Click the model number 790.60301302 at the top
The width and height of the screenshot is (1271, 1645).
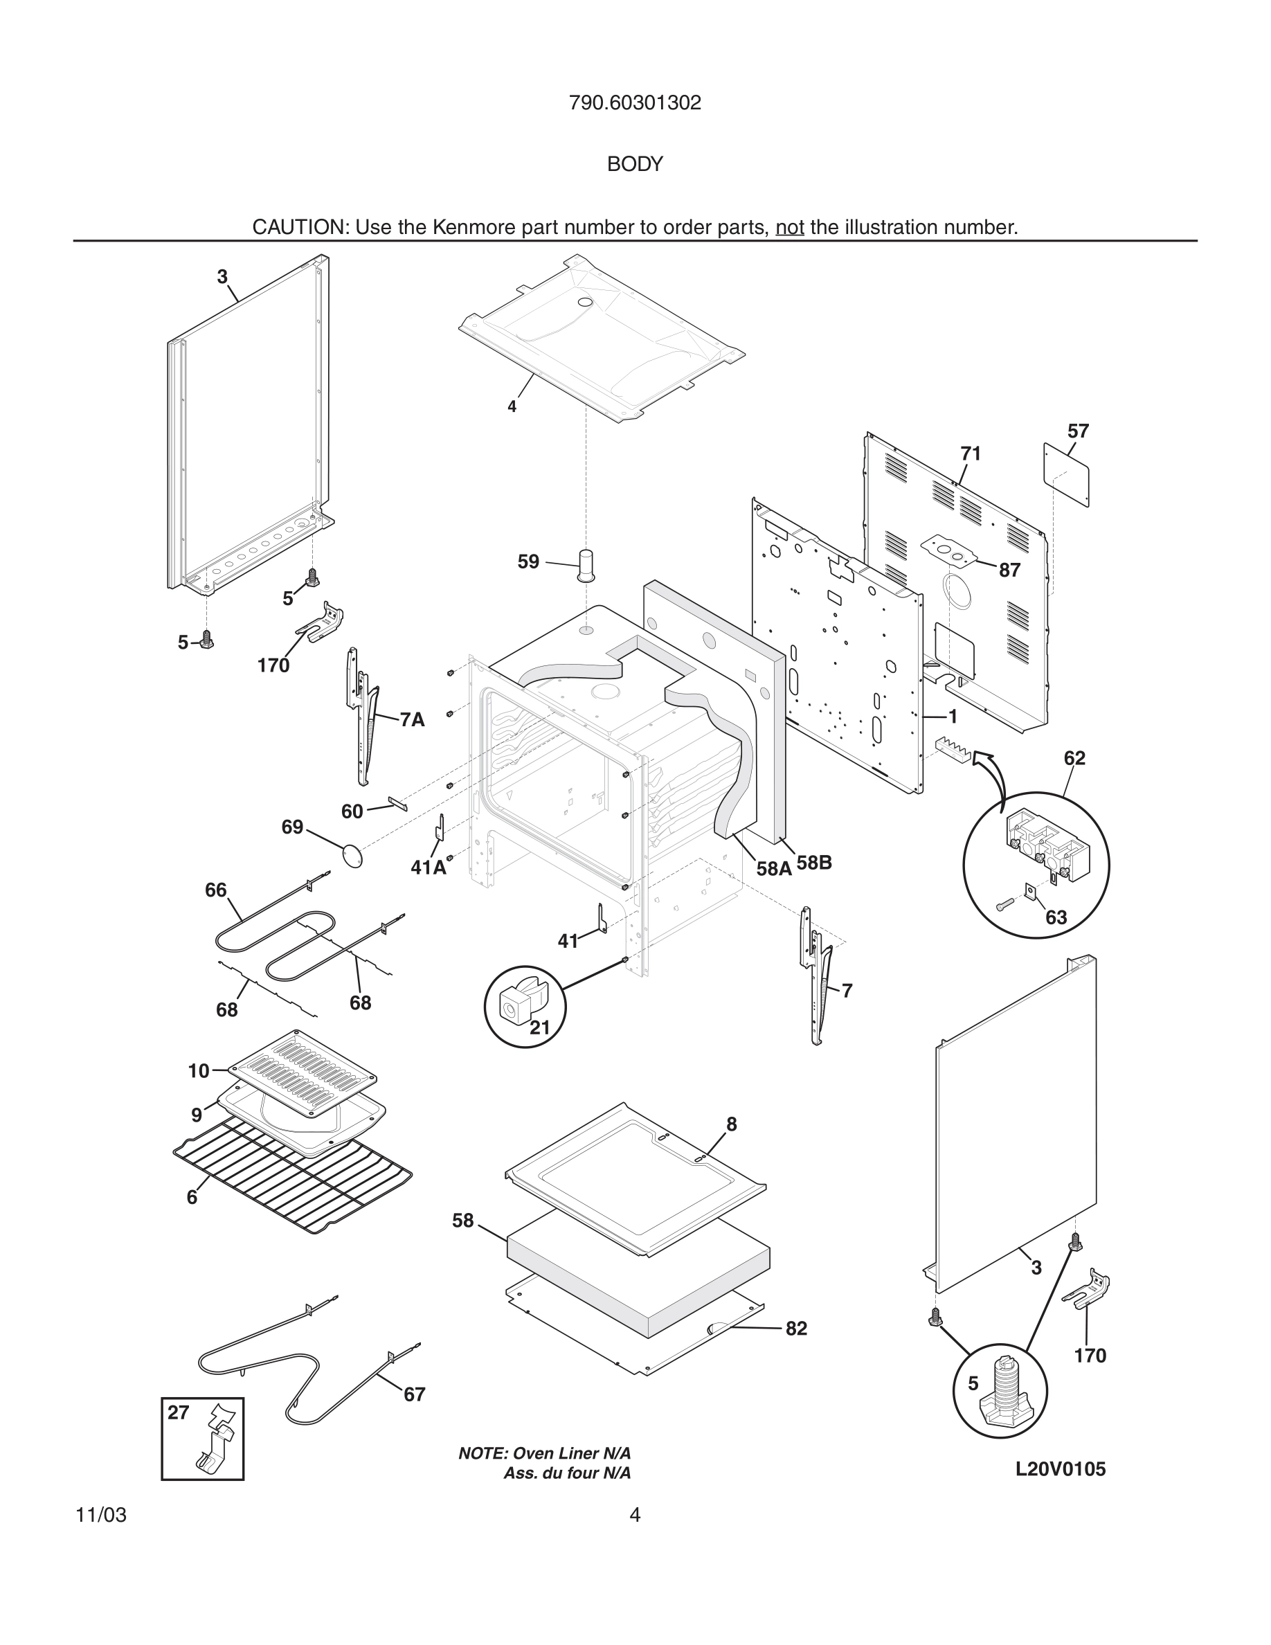tap(635, 102)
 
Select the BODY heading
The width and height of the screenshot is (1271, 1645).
tap(635, 164)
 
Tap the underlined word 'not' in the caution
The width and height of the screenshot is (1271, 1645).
tap(790, 228)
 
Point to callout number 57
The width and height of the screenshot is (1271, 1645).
tap(1077, 431)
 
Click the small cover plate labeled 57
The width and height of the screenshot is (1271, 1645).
tap(1066, 474)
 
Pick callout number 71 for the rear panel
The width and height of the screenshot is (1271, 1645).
tap(971, 453)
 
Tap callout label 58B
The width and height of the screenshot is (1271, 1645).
tap(814, 863)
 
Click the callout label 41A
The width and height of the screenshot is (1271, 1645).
tap(429, 868)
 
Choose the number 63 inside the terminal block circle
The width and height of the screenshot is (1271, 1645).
tap(1056, 917)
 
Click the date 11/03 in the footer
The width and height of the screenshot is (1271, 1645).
tap(101, 1516)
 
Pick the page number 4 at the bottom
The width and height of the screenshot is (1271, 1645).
tap(635, 1516)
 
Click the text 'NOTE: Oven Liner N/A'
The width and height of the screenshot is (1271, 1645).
tap(544, 1454)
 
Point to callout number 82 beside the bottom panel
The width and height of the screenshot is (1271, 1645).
tap(796, 1329)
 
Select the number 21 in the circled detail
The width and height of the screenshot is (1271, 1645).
tap(540, 1027)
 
